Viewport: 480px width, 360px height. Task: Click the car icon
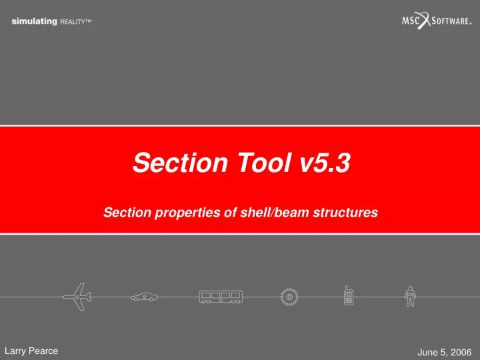[143, 297]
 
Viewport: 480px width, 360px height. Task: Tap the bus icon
[219, 297]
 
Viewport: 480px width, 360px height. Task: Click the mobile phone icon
[347, 296]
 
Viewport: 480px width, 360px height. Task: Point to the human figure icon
[411, 296]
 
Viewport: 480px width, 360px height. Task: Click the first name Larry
[17, 349]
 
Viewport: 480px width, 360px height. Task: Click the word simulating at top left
[34, 22]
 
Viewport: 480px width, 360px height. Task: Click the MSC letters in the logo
[411, 21]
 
